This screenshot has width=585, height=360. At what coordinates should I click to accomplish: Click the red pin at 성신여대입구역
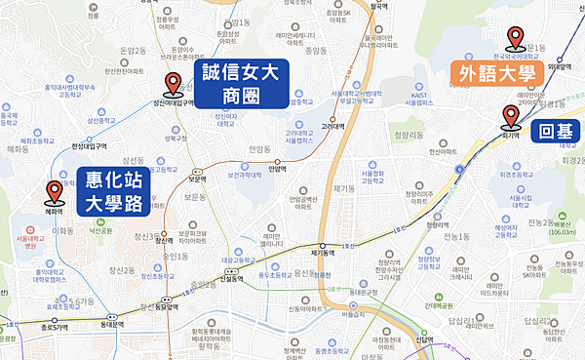(174, 85)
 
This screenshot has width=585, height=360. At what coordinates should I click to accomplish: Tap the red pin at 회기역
(510, 119)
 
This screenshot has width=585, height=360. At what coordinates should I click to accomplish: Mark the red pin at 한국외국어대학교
(516, 38)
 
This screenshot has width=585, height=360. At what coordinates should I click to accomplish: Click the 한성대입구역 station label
(90, 146)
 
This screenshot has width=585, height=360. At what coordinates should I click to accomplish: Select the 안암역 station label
(278, 166)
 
